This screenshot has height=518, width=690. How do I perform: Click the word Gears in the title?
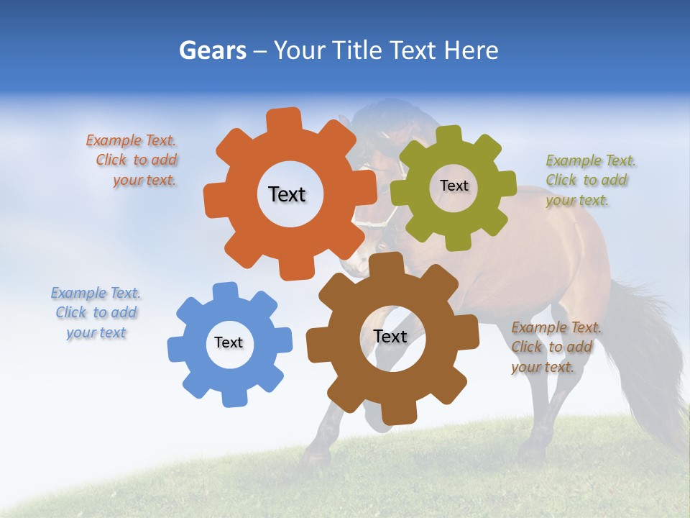[212, 50]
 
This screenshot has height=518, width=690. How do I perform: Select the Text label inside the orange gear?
[287, 194]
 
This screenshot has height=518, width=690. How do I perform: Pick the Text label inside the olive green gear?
[454, 186]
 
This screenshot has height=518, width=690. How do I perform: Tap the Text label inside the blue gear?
[229, 342]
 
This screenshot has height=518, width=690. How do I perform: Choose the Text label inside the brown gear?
[390, 337]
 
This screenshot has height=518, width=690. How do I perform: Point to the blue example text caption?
[96, 313]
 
